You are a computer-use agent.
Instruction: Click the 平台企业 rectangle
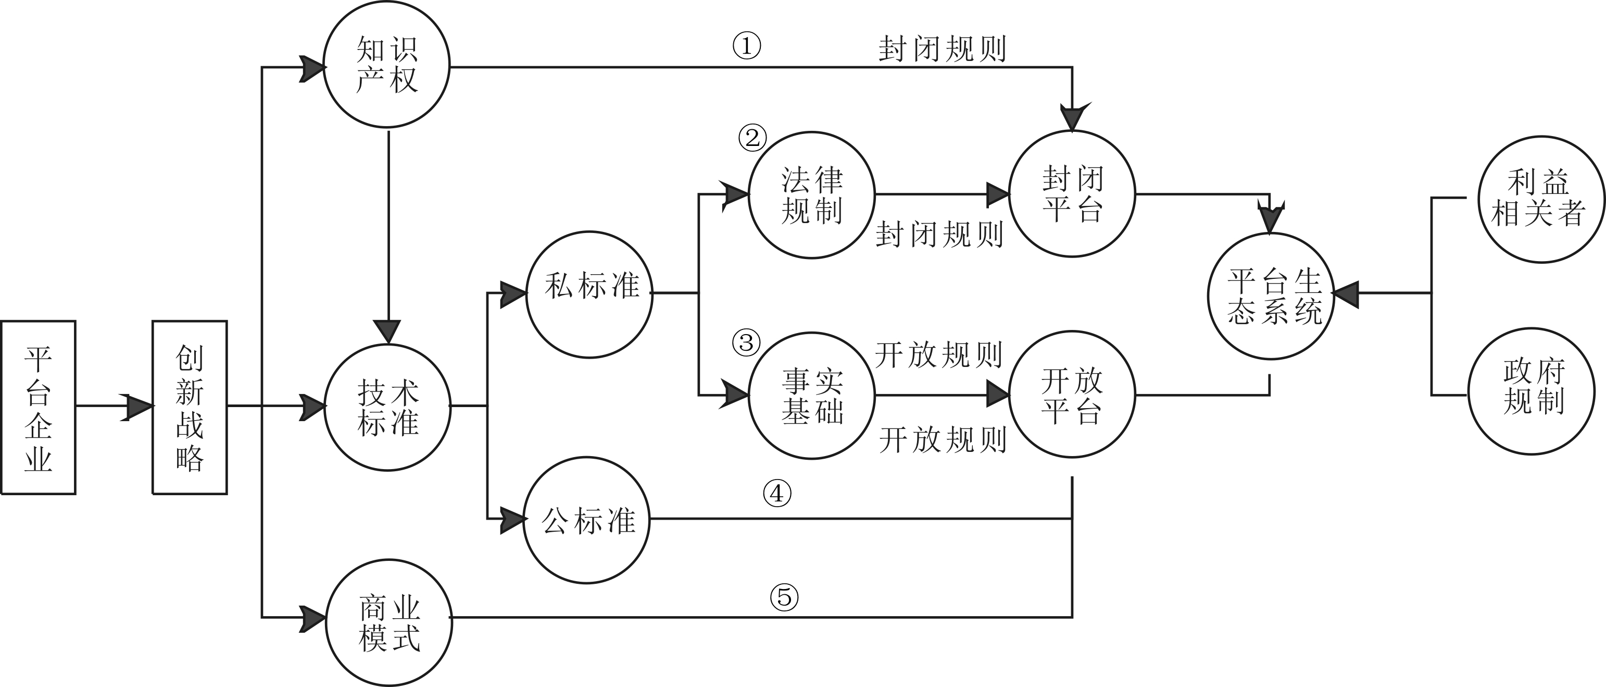pyautogui.click(x=38, y=408)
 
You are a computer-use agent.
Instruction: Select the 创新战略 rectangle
pyautogui.click(x=190, y=408)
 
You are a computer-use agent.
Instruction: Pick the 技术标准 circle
pyautogui.click(x=387, y=408)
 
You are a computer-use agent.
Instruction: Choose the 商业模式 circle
pyautogui.click(x=389, y=623)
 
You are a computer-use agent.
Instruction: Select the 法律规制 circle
pyautogui.click(x=812, y=194)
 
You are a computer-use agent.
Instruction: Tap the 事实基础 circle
pyautogui.click(x=812, y=395)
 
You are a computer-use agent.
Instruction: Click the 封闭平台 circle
pyautogui.click(x=1072, y=194)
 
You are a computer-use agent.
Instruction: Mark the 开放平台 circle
pyautogui.click(x=1072, y=395)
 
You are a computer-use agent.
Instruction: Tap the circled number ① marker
pyautogui.click(x=746, y=46)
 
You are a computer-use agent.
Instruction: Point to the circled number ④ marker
pyautogui.click(x=777, y=494)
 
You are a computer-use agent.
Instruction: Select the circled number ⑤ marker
pyautogui.click(x=784, y=597)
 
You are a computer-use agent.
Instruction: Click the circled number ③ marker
pyautogui.click(x=746, y=342)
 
